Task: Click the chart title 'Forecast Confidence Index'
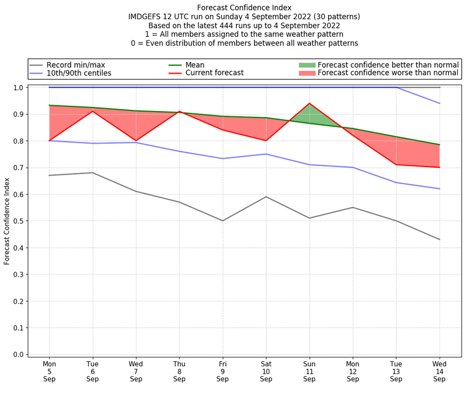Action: point(245,8)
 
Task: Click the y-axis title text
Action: point(7,220)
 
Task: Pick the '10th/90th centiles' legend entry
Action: point(79,73)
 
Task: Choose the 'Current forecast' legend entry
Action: point(214,73)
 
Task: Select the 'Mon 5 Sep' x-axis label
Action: point(49,371)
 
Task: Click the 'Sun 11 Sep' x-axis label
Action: point(309,371)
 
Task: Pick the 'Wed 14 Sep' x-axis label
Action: point(440,371)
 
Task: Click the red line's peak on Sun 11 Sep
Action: point(309,103)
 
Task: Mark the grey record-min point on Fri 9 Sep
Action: point(222,221)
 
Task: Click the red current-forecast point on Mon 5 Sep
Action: point(49,141)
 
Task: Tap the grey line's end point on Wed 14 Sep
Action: point(440,240)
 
